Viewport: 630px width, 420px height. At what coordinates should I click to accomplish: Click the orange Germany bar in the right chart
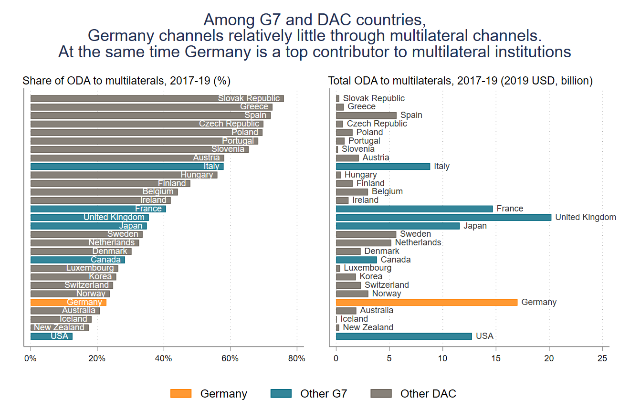[x=426, y=302]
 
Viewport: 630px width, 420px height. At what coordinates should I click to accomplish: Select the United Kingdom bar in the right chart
[x=443, y=217]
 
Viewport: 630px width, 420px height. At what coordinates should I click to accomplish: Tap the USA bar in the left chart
[x=51, y=336]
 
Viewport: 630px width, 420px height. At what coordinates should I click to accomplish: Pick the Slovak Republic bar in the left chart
[x=157, y=98]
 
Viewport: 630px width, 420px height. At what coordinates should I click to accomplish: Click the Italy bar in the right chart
[x=383, y=166]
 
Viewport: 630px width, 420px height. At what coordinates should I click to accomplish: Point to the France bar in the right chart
[x=414, y=209]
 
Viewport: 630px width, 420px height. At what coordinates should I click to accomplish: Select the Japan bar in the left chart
[x=88, y=226]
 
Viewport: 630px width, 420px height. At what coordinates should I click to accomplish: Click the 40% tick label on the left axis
[x=164, y=358]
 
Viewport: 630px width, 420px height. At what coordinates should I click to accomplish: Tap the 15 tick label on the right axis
[x=496, y=358]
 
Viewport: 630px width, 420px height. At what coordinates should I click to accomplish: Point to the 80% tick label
[x=297, y=358]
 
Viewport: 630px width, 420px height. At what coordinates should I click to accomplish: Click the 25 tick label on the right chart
[x=603, y=358]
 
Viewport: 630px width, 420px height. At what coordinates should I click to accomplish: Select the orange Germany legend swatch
[x=180, y=393]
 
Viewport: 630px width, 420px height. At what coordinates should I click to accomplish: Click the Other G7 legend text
[x=323, y=394]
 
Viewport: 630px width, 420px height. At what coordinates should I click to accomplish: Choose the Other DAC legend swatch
[x=381, y=393]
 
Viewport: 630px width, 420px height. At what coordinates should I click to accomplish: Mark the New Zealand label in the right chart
[x=368, y=327]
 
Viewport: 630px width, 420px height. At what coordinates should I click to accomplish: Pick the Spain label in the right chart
[x=411, y=115]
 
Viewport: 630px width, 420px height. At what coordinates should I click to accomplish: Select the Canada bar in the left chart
[x=77, y=260]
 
